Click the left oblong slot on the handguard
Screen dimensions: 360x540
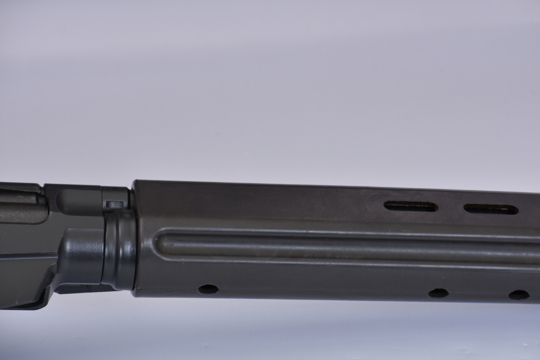click(x=410, y=207)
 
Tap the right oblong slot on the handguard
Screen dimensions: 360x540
click(x=490, y=209)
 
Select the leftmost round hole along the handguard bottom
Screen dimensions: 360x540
click(x=208, y=289)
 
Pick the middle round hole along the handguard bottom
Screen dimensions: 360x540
click(x=438, y=293)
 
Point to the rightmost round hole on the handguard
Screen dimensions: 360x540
click(x=519, y=295)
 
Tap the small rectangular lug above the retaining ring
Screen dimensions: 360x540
click(x=115, y=204)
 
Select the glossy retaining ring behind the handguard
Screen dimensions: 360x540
click(x=121, y=250)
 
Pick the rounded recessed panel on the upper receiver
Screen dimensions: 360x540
click(x=74, y=200)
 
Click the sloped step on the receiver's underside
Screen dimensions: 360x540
click(x=49, y=281)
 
